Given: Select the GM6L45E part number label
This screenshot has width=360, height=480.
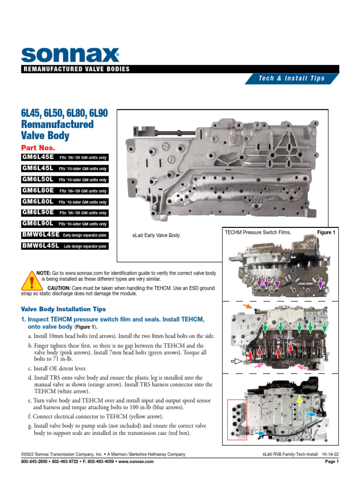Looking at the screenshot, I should (x=38, y=157).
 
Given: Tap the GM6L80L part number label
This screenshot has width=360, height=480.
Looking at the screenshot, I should (x=38, y=202).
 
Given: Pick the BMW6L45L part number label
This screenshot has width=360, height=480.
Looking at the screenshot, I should (x=40, y=246).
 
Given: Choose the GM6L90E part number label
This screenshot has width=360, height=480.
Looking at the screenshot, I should (x=38, y=212).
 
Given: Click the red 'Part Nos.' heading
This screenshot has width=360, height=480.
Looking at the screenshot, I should (x=38, y=147).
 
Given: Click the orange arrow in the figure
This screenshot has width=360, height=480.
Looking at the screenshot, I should (x=247, y=306).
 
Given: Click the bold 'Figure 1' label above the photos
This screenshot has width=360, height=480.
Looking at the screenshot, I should (x=327, y=232).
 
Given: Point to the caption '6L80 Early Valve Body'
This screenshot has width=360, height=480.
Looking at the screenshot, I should (x=156, y=235).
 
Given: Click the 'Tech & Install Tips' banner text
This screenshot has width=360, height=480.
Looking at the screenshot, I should (x=292, y=78).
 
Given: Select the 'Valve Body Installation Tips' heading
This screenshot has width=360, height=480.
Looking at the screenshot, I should (x=64, y=309).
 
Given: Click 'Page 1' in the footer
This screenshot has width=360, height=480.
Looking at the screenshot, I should (x=331, y=462).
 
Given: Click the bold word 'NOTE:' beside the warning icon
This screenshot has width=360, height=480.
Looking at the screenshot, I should (x=44, y=272).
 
